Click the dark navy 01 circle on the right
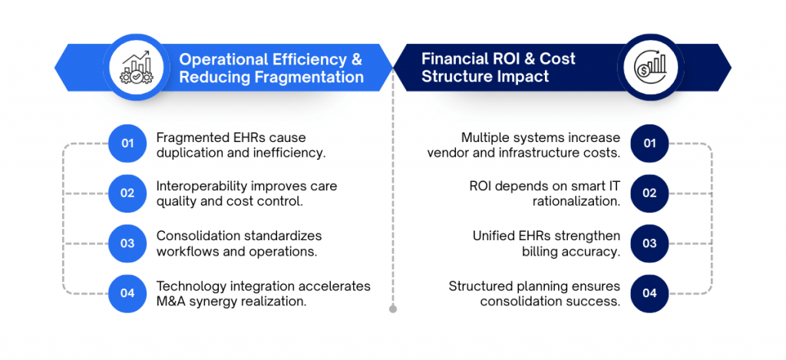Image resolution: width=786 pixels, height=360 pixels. [649, 143]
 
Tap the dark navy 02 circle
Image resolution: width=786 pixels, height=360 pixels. [649, 193]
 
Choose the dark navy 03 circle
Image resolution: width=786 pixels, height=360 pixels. [649, 243]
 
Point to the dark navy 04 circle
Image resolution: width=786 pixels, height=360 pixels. [649, 292]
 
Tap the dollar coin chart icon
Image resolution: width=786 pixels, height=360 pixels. [649, 67]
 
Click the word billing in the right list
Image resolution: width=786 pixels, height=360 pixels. [537, 252]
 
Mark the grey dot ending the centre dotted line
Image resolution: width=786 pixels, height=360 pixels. [393, 309]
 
